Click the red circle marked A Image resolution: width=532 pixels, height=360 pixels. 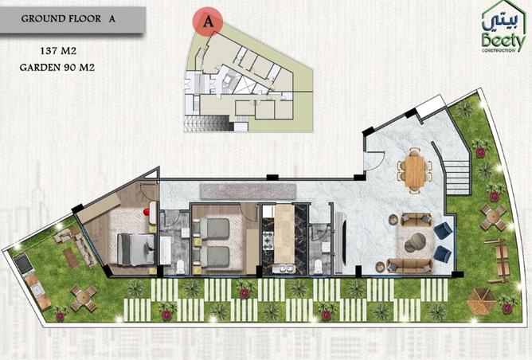coord(208,21)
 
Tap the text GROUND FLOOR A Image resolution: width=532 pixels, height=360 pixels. coord(68,18)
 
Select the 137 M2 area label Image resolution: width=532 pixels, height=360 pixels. coord(58,51)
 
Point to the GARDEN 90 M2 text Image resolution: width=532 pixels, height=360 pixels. coord(57,68)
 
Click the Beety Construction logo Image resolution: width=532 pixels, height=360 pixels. coord(503,27)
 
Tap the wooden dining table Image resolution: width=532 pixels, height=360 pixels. coord(415,172)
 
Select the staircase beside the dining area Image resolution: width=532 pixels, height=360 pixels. coord(457,177)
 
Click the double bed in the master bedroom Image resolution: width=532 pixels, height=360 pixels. coord(135,249)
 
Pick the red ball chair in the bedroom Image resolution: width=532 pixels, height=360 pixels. coord(147,212)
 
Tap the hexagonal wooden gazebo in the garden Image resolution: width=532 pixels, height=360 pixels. coord(481,300)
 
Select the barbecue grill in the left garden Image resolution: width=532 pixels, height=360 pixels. coord(23,264)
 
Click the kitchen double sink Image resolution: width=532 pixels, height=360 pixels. coord(284,269)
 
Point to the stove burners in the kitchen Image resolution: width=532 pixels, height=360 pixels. coord(268,237)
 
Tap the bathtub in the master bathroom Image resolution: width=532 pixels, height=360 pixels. coord(166,250)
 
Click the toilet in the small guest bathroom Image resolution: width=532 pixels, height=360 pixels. coord(318,267)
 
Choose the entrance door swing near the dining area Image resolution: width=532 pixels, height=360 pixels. coord(374,161)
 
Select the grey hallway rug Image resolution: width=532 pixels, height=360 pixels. coord(248,192)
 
